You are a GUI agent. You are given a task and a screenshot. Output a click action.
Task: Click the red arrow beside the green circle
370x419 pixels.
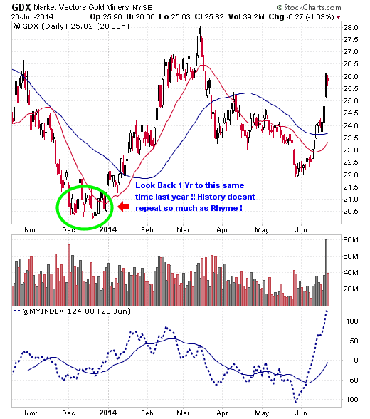[x=123, y=207]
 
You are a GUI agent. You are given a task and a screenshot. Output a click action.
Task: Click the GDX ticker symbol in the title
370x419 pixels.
[x=21, y=7]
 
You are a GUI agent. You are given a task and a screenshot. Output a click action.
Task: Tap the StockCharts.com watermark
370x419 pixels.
[x=310, y=7]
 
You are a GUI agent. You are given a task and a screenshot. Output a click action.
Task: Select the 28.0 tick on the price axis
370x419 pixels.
[x=351, y=28]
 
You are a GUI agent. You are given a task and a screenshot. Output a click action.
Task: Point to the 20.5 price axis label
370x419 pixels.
[x=351, y=212]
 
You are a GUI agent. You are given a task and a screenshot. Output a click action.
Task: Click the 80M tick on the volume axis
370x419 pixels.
[x=351, y=239]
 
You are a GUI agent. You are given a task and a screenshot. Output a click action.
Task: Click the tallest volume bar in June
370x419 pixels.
[x=326, y=272]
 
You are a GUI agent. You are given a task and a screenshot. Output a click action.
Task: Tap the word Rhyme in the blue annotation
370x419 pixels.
[x=224, y=208]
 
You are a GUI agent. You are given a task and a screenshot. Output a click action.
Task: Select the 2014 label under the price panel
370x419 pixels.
[x=108, y=229]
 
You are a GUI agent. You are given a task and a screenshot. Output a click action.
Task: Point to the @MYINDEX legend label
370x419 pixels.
[x=43, y=311]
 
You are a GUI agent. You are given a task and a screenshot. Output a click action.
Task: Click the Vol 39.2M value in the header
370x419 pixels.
[x=246, y=16]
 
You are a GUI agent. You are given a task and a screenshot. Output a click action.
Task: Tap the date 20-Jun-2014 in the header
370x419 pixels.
[x=32, y=17]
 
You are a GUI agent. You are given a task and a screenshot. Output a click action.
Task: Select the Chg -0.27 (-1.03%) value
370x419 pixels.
[x=301, y=16]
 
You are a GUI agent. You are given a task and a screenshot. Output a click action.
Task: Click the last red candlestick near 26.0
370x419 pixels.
[x=328, y=80]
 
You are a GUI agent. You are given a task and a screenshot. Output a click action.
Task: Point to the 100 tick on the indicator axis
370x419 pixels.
[x=352, y=321]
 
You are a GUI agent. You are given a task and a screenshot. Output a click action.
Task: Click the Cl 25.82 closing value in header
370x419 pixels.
[x=209, y=16]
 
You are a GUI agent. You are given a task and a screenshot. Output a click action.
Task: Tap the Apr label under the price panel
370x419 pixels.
[x=222, y=229]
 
